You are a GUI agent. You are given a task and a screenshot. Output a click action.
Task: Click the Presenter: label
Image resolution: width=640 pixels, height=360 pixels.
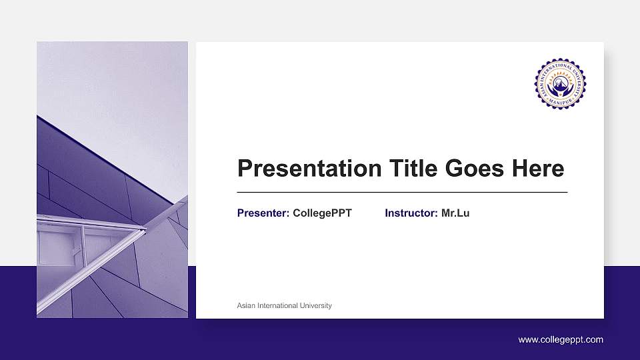click(x=263, y=213)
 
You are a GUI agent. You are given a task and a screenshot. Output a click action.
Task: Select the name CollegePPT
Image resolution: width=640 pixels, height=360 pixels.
click(x=322, y=213)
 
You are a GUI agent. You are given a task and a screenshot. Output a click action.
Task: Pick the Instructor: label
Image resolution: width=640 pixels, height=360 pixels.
click(x=411, y=213)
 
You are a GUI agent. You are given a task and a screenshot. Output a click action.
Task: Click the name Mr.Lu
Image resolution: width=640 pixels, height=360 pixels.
click(x=455, y=213)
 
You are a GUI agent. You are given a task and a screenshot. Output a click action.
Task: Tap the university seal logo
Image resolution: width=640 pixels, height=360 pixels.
click(x=560, y=85)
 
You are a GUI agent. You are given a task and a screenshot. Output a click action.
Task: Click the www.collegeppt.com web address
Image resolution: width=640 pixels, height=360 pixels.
click(x=561, y=340)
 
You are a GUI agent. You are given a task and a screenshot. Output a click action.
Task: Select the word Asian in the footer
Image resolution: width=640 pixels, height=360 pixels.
click(x=247, y=306)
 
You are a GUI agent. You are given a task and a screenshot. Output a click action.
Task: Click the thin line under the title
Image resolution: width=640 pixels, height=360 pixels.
click(x=402, y=192)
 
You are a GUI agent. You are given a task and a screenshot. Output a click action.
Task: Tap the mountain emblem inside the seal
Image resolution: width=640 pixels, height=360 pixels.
click(x=560, y=85)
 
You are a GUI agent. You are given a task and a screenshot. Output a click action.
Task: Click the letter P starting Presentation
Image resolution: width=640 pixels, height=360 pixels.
click(x=245, y=169)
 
